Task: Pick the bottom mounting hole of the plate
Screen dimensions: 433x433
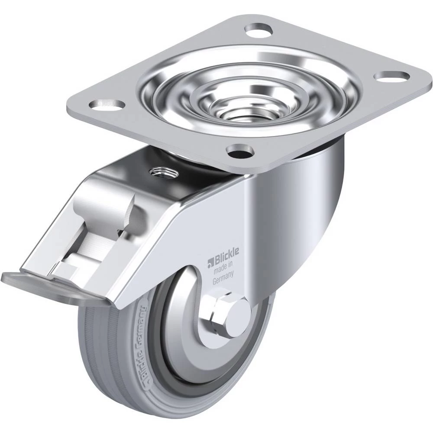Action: click(x=240, y=151)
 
